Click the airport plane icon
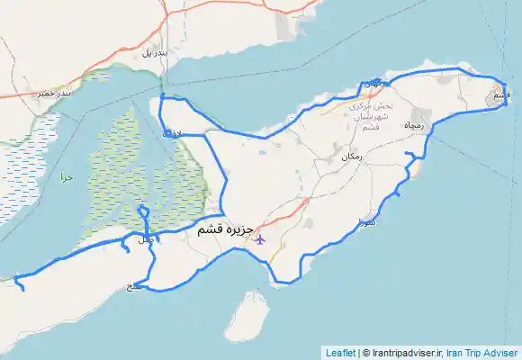tap(260, 238)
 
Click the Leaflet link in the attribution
tap(340, 353)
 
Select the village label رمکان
tap(352, 157)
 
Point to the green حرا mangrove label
tap(65, 178)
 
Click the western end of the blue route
tap(19, 288)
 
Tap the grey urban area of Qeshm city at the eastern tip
tap(498, 93)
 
